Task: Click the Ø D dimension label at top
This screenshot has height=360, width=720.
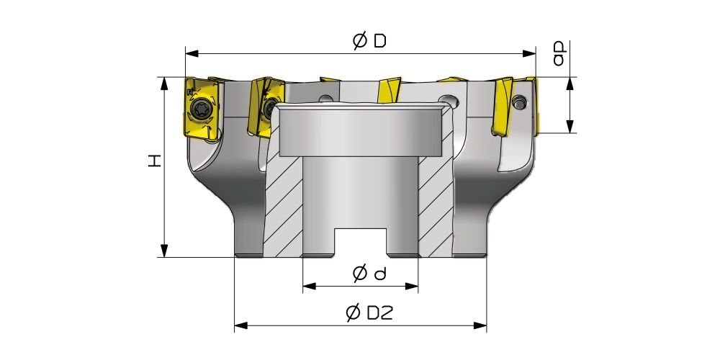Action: coord(369,41)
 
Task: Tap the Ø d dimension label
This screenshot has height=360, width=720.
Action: coord(369,274)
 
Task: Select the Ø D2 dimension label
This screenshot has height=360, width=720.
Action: coord(369,313)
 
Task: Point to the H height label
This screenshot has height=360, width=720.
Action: coord(156,161)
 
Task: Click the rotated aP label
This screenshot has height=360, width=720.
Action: coord(559,54)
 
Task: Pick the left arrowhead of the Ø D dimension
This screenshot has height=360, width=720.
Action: coord(192,54)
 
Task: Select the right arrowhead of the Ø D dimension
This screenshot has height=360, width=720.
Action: coord(529,54)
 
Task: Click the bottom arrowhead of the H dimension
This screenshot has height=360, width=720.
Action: coord(164,251)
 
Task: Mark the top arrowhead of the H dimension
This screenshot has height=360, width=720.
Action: coord(164,84)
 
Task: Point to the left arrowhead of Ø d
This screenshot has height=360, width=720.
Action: coord(310,287)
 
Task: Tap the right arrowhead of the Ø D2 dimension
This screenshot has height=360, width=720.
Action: coord(480,326)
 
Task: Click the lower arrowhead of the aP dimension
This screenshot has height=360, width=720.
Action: coord(570,127)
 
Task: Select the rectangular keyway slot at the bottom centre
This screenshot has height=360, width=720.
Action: coord(360,241)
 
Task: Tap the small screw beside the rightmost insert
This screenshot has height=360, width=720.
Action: coord(519,102)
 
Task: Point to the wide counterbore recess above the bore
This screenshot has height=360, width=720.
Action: coord(361,131)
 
